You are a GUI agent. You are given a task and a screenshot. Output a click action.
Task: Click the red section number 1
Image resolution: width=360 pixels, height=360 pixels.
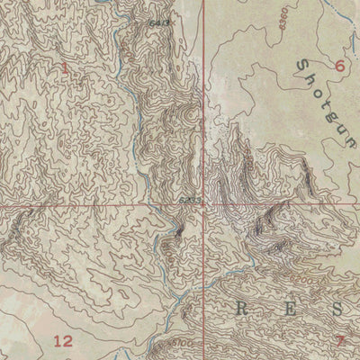pyautogui.click(x=66, y=67)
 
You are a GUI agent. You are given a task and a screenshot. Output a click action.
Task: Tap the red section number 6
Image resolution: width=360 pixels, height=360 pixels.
pyautogui.click(x=339, y=65)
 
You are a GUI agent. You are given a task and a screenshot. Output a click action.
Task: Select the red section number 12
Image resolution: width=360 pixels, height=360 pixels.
pyautogui.click(x=63, y=340)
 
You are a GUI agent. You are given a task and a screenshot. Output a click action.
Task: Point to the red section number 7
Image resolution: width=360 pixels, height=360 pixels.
pyautogui.click(x=340, y=340)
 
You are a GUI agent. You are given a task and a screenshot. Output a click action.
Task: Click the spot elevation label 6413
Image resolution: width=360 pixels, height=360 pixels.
pyautogui.click(x=161, y=21)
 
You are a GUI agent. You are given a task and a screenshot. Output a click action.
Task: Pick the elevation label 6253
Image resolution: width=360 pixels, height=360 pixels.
pyautogui.click(x=189, y=201)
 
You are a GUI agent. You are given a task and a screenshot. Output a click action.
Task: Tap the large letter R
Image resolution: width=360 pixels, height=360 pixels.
pyautogui.click(x=241, y=309)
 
